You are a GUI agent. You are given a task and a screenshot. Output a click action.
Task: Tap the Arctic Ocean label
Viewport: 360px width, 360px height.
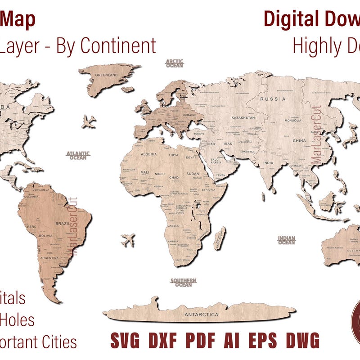click(x=175, y=63)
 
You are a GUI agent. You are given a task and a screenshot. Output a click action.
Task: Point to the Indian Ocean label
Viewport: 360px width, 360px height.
click(x=287, y=240)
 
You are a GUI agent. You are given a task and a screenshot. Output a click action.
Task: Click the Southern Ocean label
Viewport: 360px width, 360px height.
click(x=183, y=282)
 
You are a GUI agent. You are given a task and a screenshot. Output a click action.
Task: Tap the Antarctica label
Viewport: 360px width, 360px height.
click(x=201, y=315)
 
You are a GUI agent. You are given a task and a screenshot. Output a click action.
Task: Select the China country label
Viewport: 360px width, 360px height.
click(x=299, y=141)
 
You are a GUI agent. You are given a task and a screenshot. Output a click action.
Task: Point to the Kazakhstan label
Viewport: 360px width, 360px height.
click(x=243, y=117)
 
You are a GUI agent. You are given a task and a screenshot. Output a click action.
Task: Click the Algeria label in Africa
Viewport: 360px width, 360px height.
click(x=149, y=154)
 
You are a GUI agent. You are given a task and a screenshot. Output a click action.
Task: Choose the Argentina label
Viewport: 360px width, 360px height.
click(x=50, y=258)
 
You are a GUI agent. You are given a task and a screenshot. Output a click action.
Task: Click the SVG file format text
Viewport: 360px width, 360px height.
click(x=126, y=340)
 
